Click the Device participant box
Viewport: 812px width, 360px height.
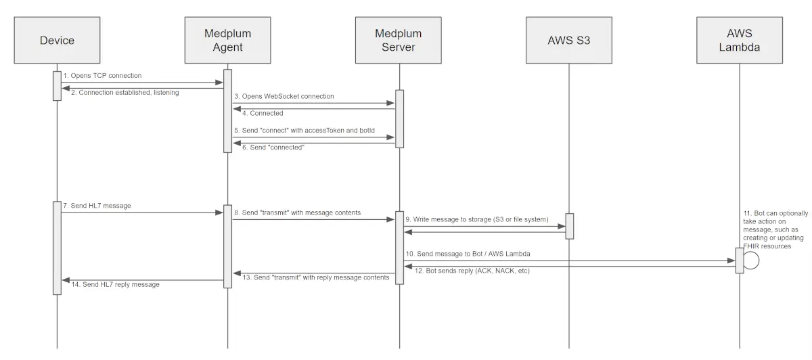57,40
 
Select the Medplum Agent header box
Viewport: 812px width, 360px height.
227,40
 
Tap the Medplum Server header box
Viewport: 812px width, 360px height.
399,40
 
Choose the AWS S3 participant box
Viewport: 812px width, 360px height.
569,40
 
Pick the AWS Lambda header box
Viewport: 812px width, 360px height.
740,40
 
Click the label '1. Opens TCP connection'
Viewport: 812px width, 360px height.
102,76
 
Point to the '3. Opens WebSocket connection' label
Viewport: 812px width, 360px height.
284,97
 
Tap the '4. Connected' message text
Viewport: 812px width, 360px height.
258,113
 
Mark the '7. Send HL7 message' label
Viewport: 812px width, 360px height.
97,205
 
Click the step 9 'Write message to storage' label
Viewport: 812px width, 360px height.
476,219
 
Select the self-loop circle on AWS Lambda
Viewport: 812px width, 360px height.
750,261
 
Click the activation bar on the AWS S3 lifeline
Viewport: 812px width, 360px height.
569,226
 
